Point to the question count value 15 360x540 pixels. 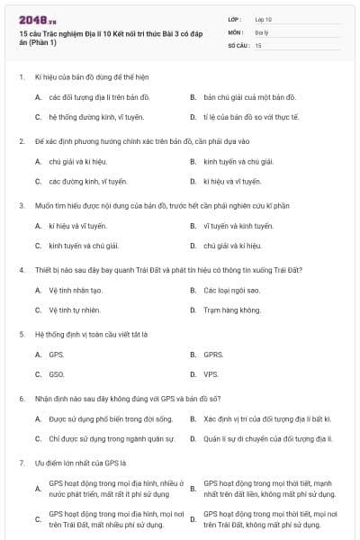click(258, 44)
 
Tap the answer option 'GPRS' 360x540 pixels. click(213, 355)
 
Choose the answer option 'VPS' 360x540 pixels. click(211, 375)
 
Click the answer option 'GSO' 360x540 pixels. click(57, 375)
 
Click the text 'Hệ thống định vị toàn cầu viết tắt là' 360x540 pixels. click(91, 334)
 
